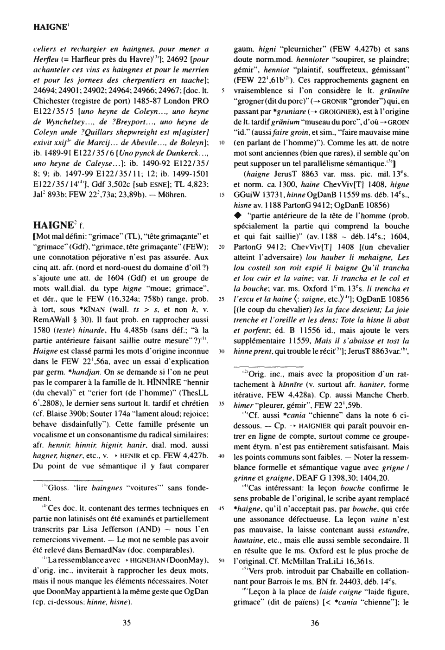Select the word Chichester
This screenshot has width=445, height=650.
click(x=51, y=101)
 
